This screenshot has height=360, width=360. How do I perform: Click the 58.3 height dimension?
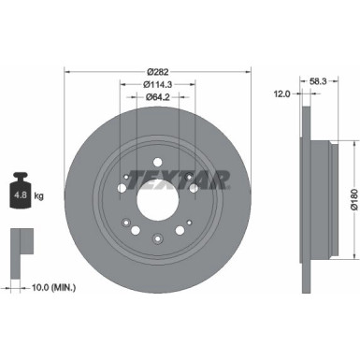(319, 81)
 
